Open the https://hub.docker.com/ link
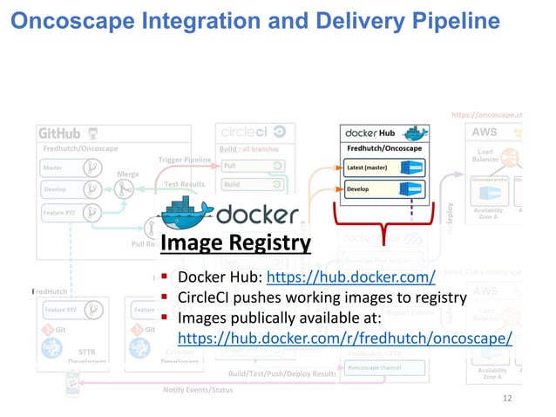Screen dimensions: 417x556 click(x=350, y=278)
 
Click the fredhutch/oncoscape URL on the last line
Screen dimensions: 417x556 click(x=344, y=337)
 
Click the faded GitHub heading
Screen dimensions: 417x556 click(x=58, y=133)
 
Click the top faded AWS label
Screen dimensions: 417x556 click(x=485, y=133)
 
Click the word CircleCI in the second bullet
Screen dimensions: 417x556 click(x=207, y=298)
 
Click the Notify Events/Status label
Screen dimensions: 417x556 click(x=199, y=389)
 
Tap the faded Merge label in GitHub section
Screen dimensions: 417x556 click(x=127, y=173)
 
